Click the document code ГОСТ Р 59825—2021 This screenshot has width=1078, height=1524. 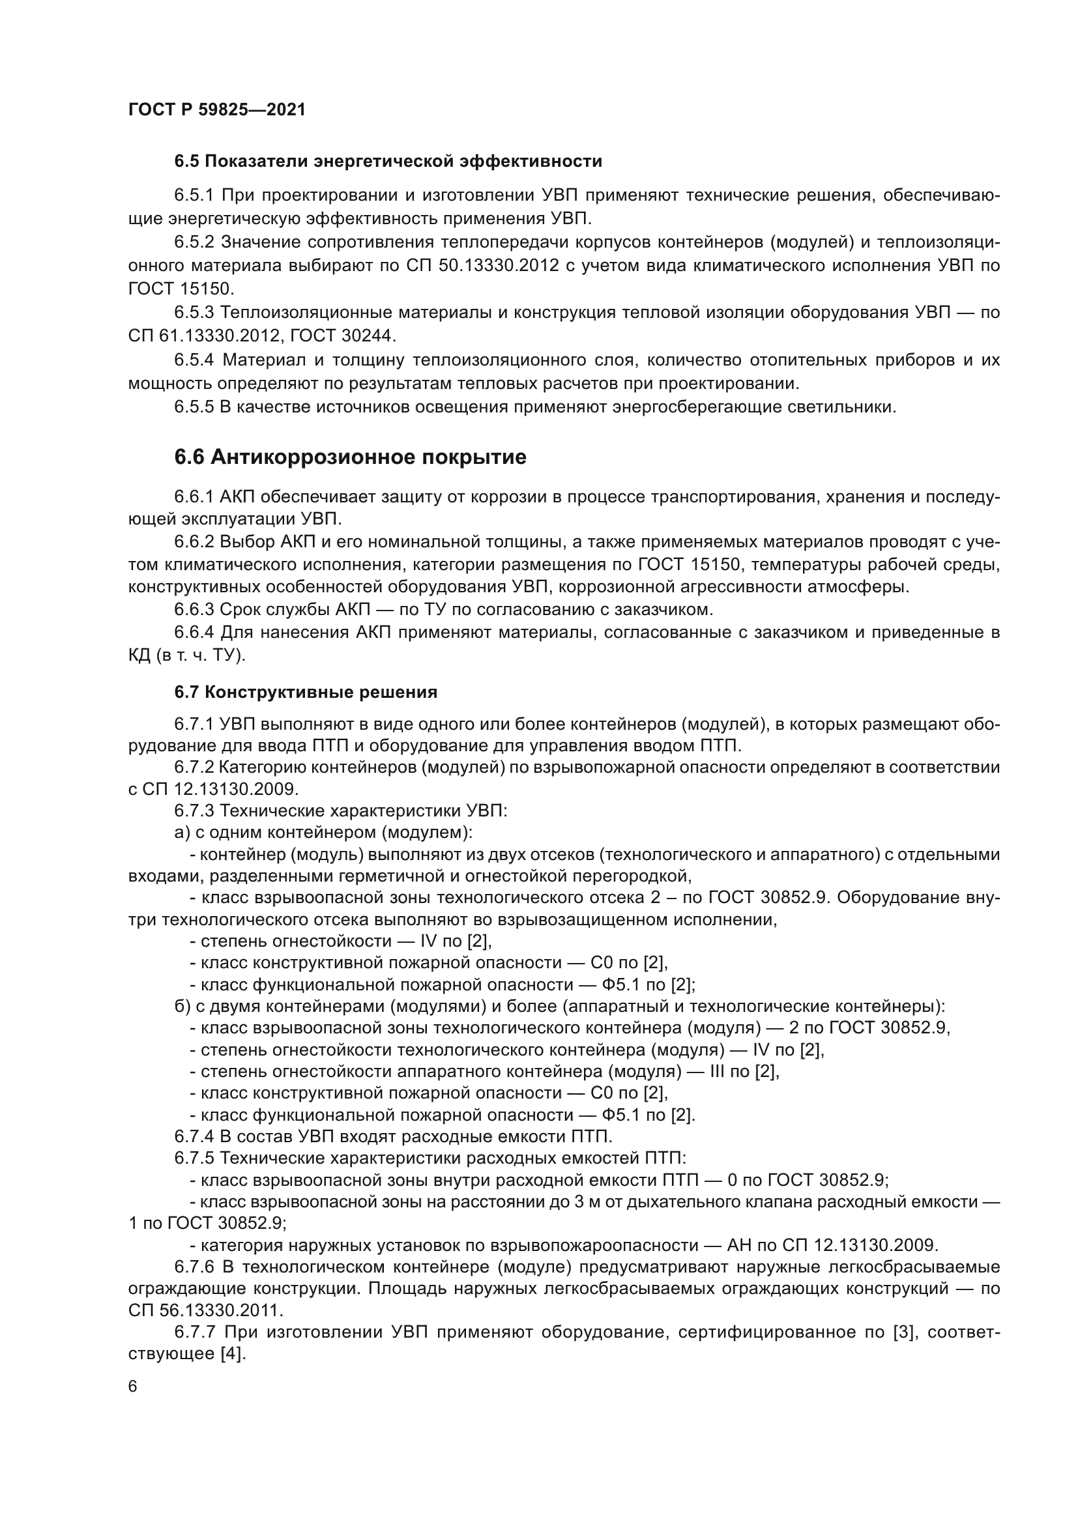[216, 109]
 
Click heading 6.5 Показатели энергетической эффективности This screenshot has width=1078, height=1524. [388, 162]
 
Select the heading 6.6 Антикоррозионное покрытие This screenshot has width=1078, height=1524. [350, 457]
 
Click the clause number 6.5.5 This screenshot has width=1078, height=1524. [194, 407]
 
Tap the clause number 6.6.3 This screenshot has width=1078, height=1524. [194, 609]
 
